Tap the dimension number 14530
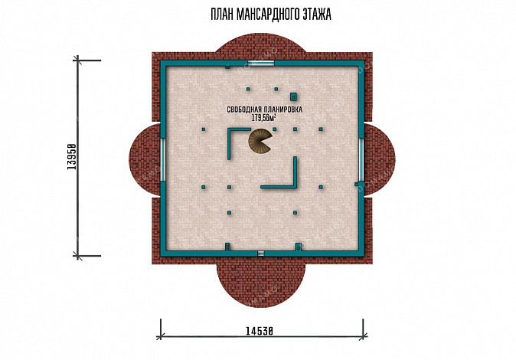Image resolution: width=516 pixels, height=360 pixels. [260, 330]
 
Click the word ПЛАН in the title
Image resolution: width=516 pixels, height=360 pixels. [223, 15]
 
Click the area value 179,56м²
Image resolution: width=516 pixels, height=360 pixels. [264, 118]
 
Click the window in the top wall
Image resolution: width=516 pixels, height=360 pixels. [261, 64]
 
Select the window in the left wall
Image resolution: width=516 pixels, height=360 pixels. [162, 159]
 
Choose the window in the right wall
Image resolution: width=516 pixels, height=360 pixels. [361, 159]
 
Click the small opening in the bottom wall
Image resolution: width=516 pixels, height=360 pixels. [260, 254]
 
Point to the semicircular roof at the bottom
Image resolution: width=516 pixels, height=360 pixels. [261, 284]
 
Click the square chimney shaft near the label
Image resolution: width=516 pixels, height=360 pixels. [293, 97]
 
